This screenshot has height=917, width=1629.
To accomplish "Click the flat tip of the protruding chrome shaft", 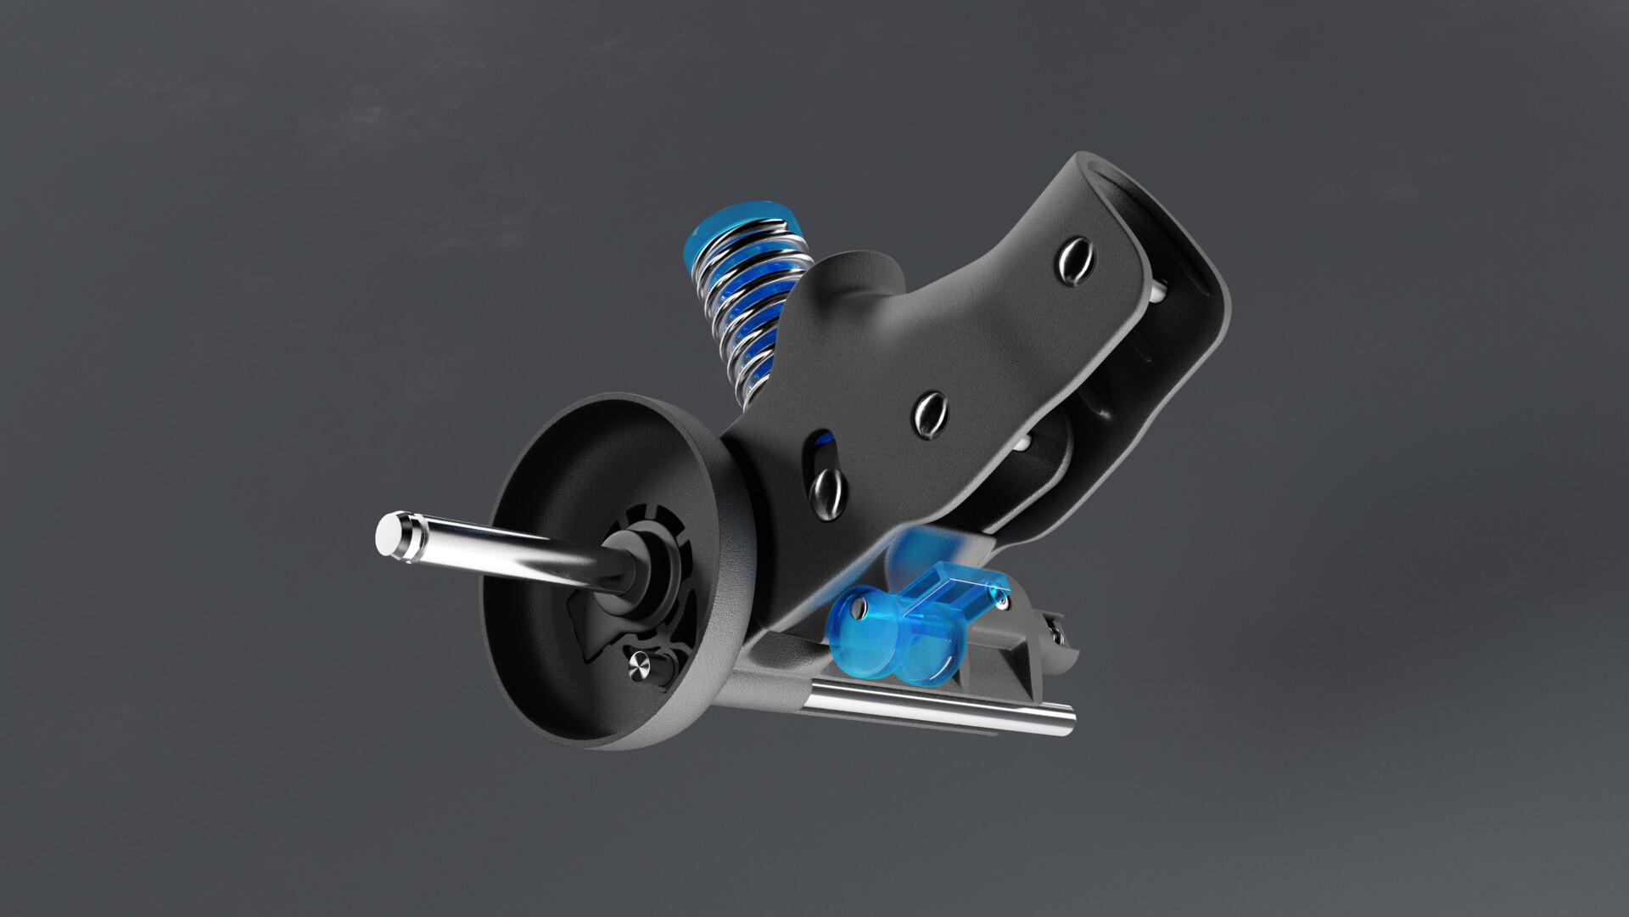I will click(x=389, y=536).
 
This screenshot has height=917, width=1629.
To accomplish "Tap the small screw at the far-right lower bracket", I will click(x=1058, y=630).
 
